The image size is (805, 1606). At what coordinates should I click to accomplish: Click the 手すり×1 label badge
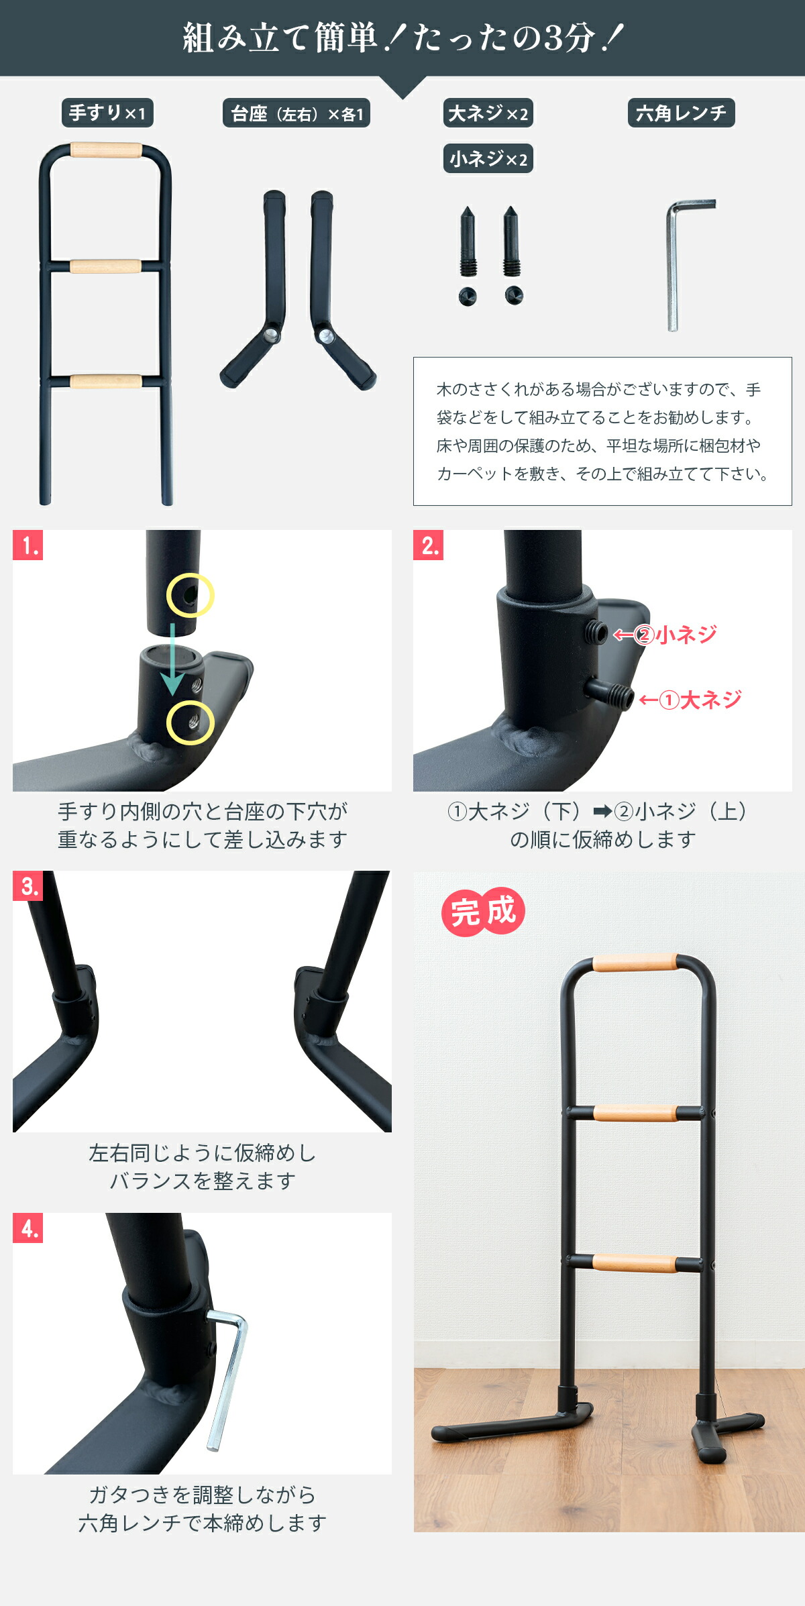click(x=107, y=113)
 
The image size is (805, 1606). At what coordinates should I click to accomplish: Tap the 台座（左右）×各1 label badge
click(x=297, y=113)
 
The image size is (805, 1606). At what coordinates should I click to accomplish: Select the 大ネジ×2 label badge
click(x=488, y=113)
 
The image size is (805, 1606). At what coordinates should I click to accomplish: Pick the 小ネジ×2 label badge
click(x=488, y=158)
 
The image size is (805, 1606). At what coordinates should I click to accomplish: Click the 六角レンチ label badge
click(x=681, y=113)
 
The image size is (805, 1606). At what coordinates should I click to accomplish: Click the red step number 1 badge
click(x=28, y=545)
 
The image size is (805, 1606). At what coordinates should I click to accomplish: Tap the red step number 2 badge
click(x=428, y=545)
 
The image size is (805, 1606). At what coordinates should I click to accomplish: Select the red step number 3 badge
click(x=28, y=886)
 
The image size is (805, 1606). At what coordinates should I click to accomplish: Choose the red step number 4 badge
click(x=28, y=1228)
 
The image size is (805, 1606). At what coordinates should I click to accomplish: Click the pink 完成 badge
click(x=483, y=912)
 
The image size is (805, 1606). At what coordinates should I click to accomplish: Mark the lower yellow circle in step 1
click(x=190, y=722)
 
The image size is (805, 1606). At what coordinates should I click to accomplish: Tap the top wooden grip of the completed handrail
click(x=635, y=963)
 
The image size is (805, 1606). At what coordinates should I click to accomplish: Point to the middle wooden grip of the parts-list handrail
click(x=105, y=266)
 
